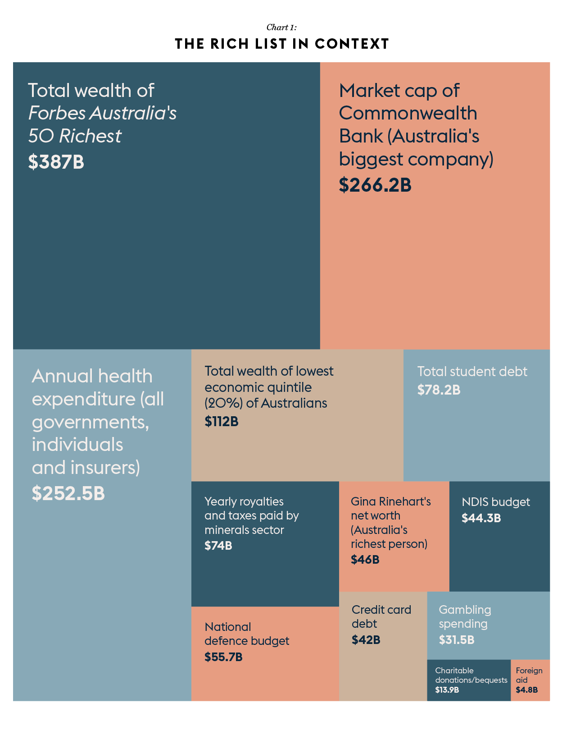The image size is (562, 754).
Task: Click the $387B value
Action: click(56, 162)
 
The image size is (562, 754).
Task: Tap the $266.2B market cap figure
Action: click(375, 185)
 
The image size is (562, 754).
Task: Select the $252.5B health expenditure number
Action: click(68, 493)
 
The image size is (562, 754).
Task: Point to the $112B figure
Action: click(221, 422)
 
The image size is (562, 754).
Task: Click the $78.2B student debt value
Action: click(439, 390)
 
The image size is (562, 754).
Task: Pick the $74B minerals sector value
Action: click(218, 546)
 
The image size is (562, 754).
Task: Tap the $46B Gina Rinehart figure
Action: click(365, 560)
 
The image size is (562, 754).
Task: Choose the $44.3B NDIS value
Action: click(481, 518)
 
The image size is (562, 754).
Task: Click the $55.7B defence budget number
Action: click(223, 657)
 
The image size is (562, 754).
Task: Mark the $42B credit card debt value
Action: click(366, 640)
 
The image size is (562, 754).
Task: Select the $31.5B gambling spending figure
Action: click(456, 640)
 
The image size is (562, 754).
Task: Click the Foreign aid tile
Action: click(530, 680)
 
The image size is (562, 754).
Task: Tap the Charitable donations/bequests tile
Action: click(468, 680)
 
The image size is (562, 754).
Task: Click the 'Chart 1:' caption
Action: click(281, 28)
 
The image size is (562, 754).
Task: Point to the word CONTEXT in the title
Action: click(352, 44)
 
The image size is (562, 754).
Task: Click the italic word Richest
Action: click(90, 136)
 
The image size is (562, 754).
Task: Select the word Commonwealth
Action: click(408, 113)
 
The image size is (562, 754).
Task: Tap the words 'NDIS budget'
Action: click(495, 502)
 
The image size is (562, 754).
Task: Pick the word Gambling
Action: click(465, 610)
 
